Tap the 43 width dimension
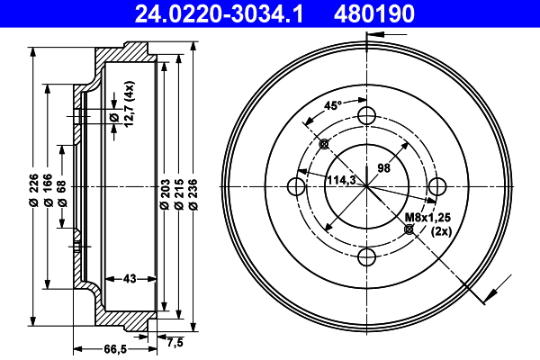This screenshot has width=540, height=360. [x=129, y=279]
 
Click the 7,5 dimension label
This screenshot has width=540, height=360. [x=175, y=341]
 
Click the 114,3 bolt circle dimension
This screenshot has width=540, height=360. [x=341, y=180]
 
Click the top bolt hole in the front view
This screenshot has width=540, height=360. [x=366, y=115]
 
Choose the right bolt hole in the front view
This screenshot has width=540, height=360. [x=437, y=186]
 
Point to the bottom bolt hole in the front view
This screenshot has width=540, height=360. [x=366, y=257]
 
